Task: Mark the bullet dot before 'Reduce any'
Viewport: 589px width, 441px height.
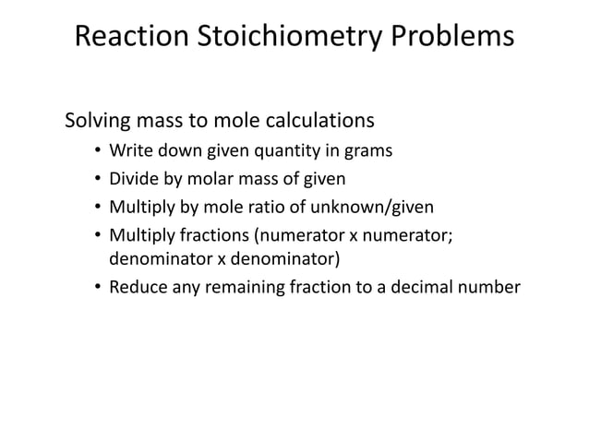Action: (x=97, y=287)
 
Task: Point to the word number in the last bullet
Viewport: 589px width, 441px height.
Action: (x=490, y=285)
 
